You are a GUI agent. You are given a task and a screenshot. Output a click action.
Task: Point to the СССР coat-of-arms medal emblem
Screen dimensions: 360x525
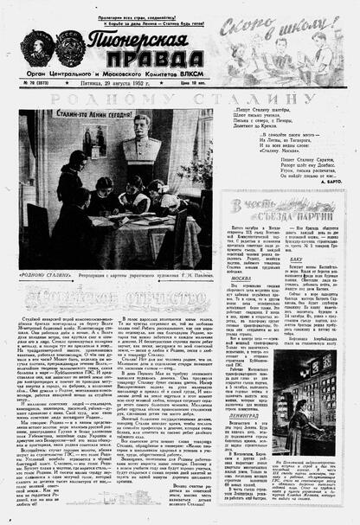tap(69, 45)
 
